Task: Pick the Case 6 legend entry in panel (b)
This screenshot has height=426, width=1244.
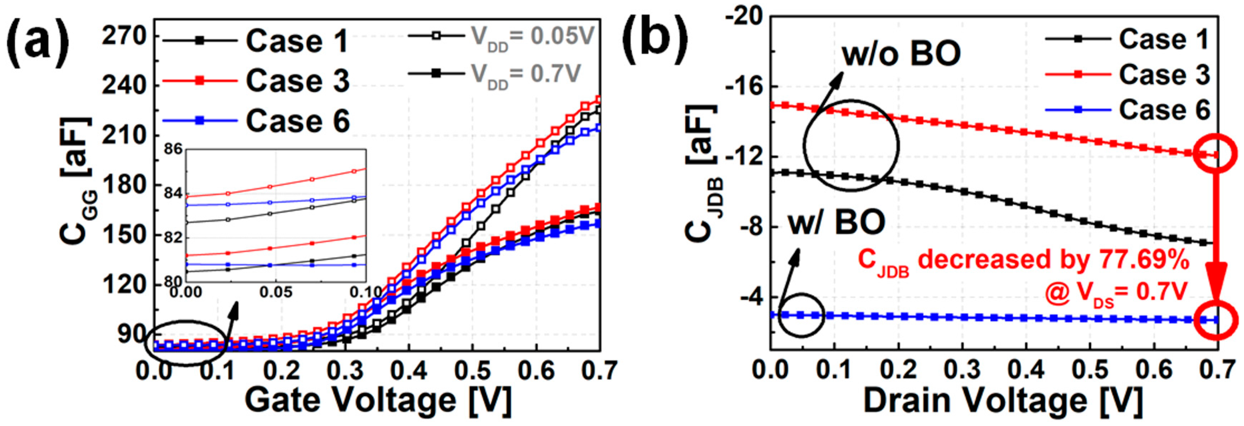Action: coord(1164,110)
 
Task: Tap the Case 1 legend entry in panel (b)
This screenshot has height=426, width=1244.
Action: coord(1164,40)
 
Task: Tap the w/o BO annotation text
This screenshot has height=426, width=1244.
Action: coord(901,54)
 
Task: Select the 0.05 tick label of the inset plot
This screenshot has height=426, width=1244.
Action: coord(275,292)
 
